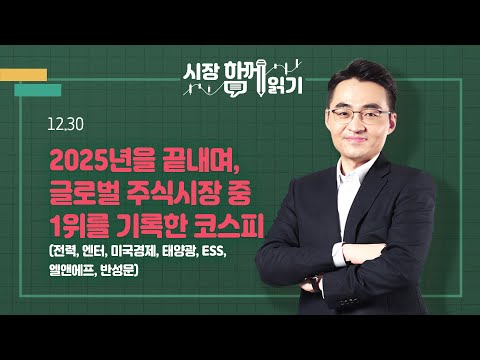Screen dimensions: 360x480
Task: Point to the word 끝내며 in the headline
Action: click(186, 160)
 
